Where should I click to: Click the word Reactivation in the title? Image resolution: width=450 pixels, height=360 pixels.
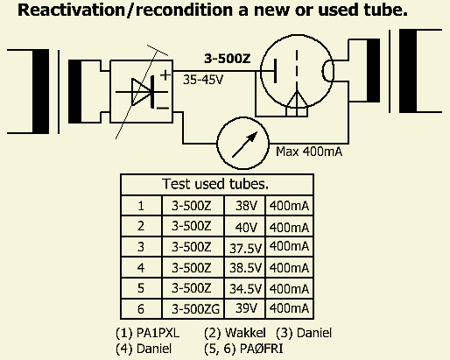(71, 10)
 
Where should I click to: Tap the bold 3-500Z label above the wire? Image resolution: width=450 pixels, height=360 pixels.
(228, 59)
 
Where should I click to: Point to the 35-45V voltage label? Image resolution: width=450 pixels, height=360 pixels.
(203, 80)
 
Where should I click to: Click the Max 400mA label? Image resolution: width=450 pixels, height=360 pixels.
(309, 152)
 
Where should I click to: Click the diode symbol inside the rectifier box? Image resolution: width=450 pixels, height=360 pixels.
(142, 92)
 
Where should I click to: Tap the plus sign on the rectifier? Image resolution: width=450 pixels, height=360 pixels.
(165, 75)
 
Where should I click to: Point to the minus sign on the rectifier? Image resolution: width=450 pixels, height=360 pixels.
(163, 109)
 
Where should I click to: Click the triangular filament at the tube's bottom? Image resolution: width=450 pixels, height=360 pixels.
(297, 104)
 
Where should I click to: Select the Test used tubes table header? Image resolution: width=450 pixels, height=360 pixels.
(215, 184)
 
